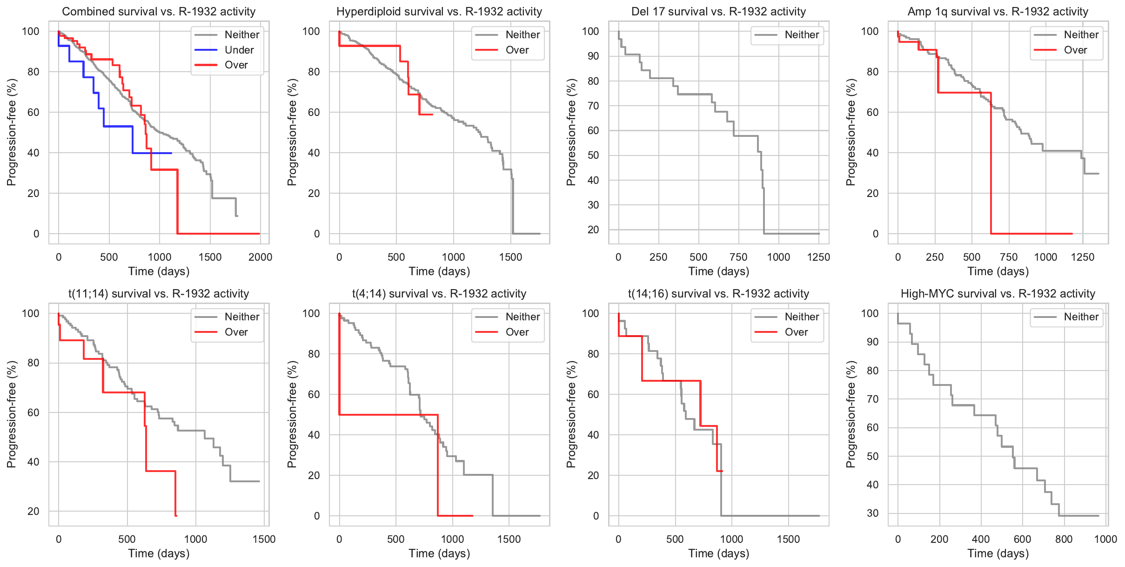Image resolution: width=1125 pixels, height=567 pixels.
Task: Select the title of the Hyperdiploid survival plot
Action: [439, 12]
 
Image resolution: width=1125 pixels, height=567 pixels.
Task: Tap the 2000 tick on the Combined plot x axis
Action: [260, 257]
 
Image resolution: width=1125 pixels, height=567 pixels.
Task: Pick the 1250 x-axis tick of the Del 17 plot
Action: [818, 257]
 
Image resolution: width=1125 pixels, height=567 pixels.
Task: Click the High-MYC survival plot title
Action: [998, 294]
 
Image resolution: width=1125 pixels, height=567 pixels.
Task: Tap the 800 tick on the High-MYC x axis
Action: [1064, 539]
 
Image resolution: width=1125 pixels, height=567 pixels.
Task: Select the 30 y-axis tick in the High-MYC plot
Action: [872, 513]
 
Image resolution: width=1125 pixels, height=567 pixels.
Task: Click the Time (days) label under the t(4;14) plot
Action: [439, 553]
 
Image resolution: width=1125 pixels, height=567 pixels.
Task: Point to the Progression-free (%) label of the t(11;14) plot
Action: [11, 414]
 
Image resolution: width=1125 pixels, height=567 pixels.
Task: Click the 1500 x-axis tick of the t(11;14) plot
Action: [264, 539]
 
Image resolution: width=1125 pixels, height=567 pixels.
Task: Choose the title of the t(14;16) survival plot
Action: [718, 294]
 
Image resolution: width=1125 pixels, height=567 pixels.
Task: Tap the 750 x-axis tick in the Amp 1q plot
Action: [1009, 257]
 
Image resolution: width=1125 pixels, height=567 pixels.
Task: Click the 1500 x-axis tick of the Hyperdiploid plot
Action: [510, 257]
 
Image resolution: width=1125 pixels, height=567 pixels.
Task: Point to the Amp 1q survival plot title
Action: [998, 12]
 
